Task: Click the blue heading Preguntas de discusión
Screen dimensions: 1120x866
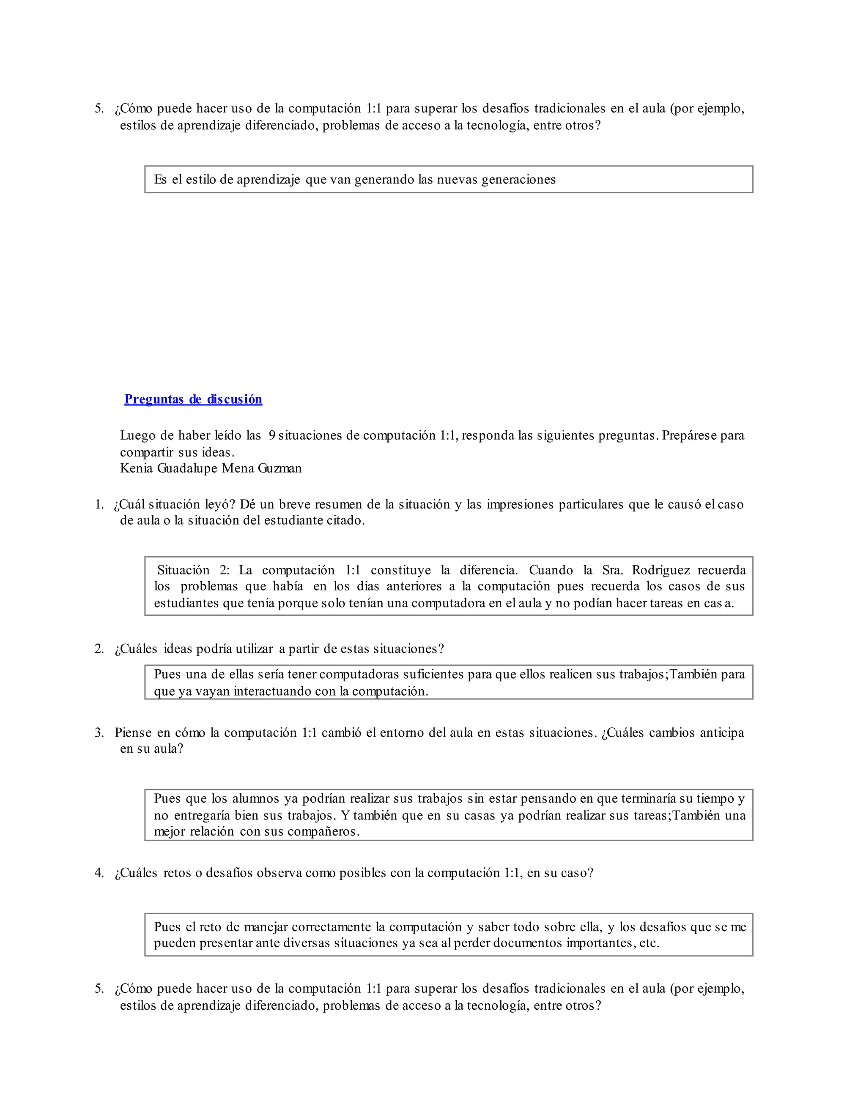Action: [193, 399]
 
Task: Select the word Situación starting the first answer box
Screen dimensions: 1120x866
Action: [183, 570]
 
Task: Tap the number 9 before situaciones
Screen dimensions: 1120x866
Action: [272, 435]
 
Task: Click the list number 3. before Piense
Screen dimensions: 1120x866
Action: [99, 732]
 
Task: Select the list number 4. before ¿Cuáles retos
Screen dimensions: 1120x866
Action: [99, 873]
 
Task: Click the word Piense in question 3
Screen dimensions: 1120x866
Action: [133, 732]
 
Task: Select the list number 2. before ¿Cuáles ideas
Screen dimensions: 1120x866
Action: [99, 649]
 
